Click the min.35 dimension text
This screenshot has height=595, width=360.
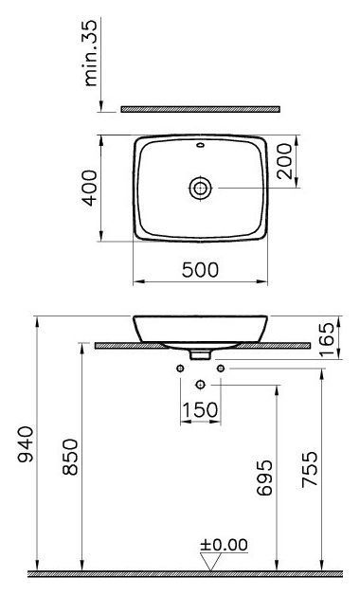pos(90,53)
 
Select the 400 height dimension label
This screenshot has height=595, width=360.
pos(90,188)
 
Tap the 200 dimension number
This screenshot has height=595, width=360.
pos(285,161)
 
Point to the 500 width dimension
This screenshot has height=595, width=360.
pos(200,270)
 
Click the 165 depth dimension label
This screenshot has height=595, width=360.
pos(327,339)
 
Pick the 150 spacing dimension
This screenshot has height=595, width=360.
pos(200,410)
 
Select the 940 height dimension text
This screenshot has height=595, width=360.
pos(26,444)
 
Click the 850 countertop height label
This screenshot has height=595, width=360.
pos(70,458)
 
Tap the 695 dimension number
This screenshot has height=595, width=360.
pos(264,478)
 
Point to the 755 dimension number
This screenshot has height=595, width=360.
pos(310,469)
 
